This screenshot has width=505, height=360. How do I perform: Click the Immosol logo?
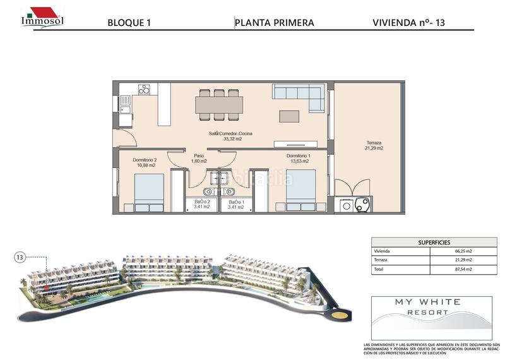click(42, 16)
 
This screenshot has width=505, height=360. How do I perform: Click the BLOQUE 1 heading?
click(129, 23)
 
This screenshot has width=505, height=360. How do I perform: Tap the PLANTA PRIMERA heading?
click(274, 23)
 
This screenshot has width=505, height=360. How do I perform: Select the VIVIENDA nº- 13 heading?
click(413, 23)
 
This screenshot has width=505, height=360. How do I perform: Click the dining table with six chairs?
click(218, 104)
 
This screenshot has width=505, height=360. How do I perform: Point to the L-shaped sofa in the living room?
click(298, 96)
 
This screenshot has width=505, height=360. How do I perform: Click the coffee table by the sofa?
click(290, 117)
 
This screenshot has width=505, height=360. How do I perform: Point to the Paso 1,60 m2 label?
click(199, 159)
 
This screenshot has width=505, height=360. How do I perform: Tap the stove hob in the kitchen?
click(145, 90)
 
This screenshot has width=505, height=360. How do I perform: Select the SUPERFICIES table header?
click(417, 242)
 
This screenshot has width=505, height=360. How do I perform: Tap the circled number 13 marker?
click(20, 257)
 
